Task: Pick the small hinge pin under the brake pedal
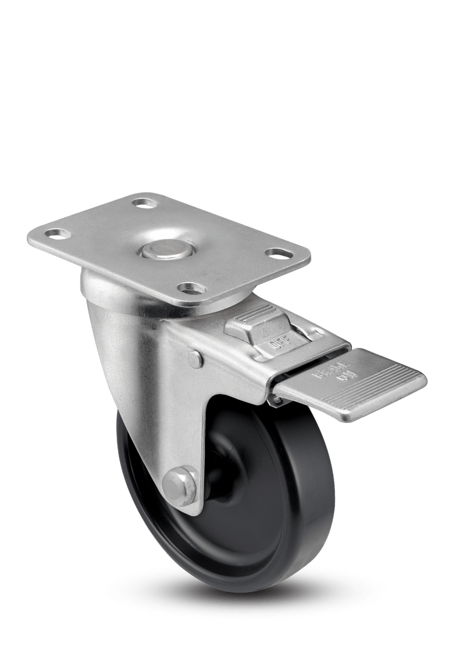276,399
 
